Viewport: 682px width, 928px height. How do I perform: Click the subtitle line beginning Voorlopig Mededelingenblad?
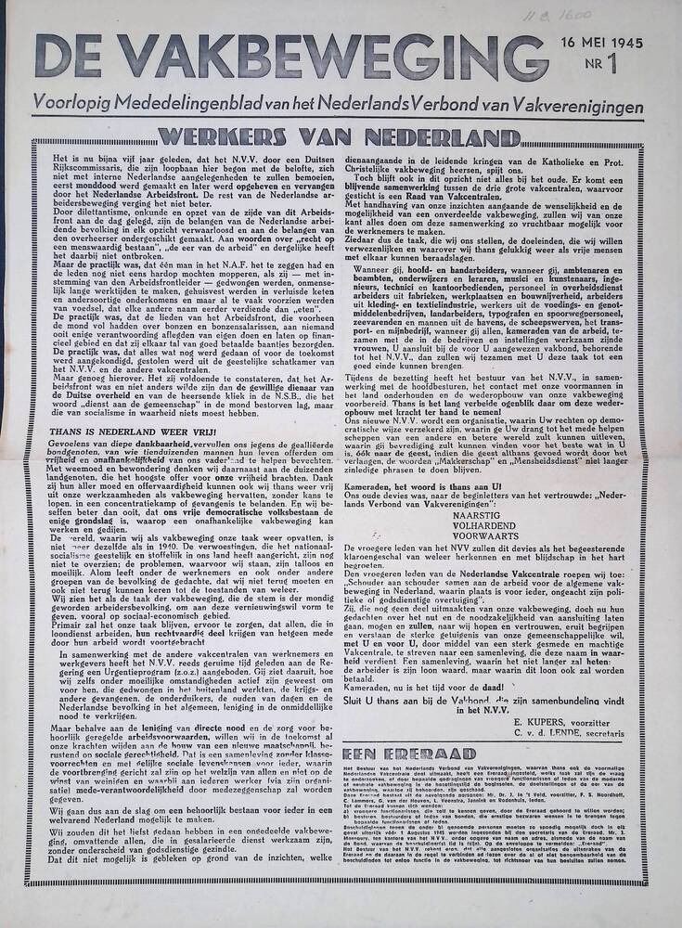[x=338, y=108]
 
